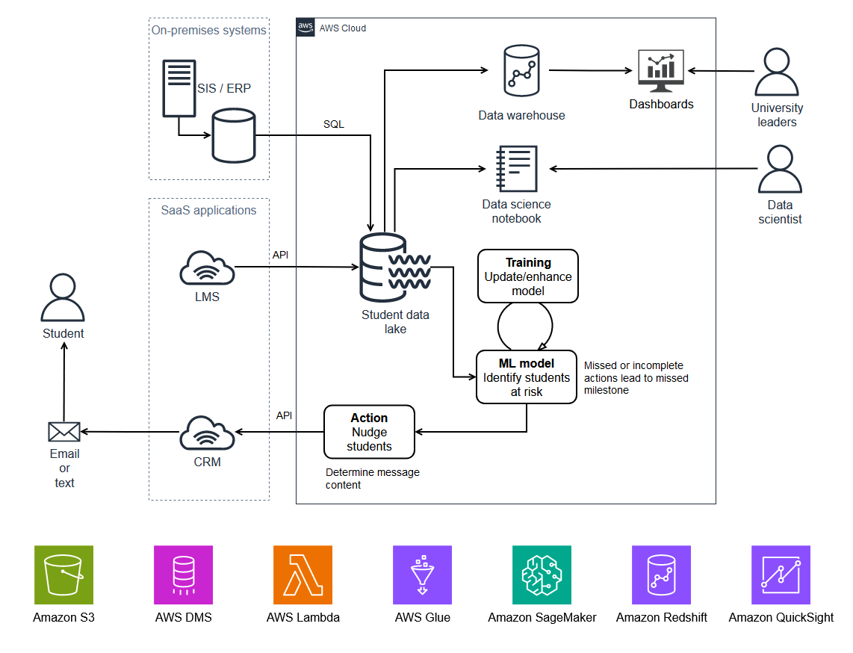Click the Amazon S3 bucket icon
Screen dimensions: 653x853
(63, 575)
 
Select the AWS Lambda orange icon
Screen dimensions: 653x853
(303, 575)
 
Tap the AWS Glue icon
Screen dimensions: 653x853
(422, 575)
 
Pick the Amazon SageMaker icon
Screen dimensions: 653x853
(542, 575)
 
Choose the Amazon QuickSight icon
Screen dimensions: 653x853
(781, 575)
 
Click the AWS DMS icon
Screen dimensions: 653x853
(183, 575)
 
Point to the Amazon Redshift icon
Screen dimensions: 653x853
(661, 575)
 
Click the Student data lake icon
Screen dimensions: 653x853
(394, 267)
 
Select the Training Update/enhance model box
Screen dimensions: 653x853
(528, 276)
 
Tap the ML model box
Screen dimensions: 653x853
(527, 377)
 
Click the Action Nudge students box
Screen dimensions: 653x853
(369, 432)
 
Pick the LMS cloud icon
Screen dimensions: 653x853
(207, 268)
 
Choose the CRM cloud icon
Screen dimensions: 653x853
(207, 433)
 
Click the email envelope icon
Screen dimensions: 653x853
(64, 432)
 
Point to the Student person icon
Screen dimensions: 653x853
(63, 297)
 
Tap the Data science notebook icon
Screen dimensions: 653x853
(516, 169)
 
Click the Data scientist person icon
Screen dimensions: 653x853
(780, 170)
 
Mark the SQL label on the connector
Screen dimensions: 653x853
(334, 124)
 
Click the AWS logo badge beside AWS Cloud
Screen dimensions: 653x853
(305, 28)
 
